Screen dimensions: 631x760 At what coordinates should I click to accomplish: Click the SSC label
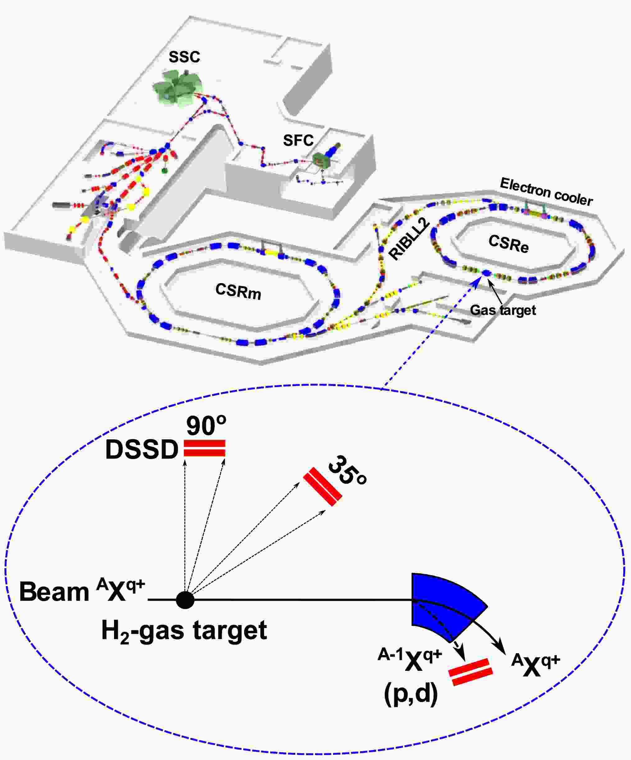click(184, 57)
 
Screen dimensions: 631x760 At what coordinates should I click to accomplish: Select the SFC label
click(298, 140)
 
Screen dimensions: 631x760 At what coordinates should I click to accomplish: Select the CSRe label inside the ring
click(509, 243)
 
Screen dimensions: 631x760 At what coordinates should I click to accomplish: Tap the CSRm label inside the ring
click(238, 291)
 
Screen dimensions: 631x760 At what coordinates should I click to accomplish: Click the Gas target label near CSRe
click(503, 310)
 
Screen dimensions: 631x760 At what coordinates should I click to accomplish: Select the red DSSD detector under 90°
click(205, 448)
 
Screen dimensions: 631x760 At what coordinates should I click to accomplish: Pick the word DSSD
click(142, 450)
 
